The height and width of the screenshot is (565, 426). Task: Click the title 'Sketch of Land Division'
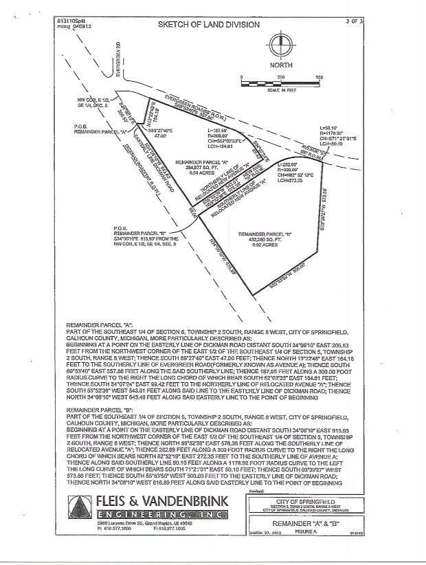[x=209, y=25]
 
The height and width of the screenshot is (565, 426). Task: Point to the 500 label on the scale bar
[x=319, y=78]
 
